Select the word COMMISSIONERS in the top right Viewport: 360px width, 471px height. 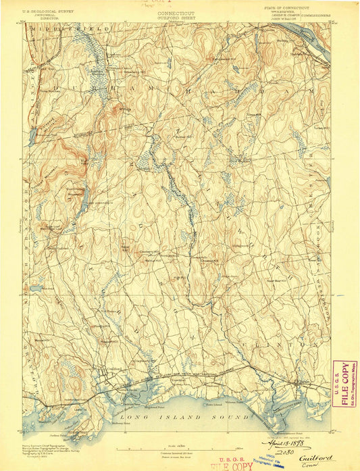[315, 14]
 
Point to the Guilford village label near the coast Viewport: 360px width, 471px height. [115, 366]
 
